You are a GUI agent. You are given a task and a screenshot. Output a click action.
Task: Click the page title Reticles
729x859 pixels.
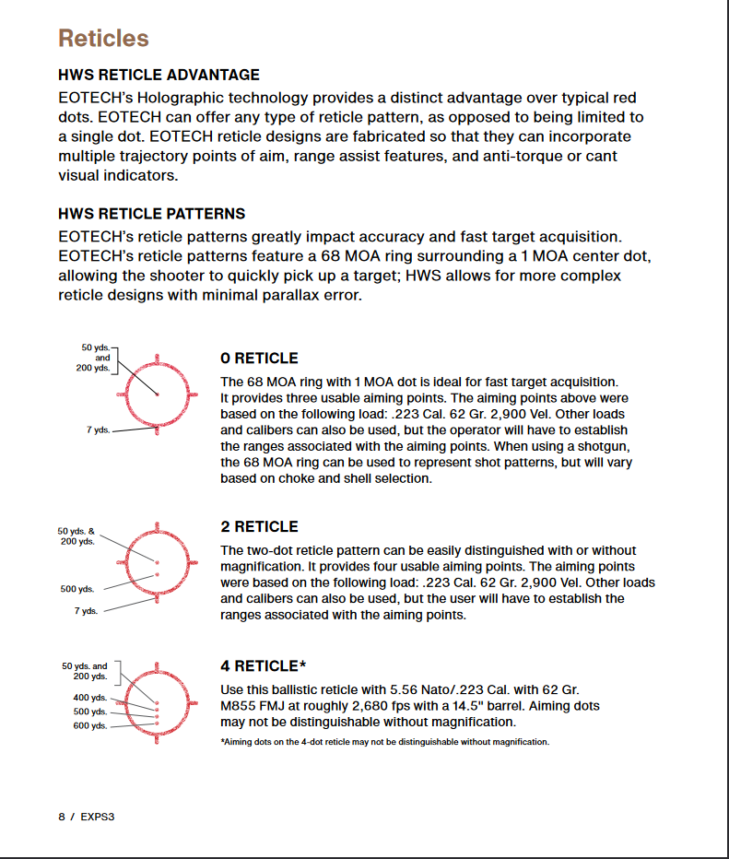[x=103, y=39]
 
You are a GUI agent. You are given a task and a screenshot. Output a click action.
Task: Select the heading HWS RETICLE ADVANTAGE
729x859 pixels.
[x=159, y=75]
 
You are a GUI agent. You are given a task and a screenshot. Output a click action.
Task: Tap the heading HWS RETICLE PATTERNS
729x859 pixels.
[x=151, y=214]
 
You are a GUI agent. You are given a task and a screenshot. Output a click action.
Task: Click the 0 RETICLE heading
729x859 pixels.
[x=259, y=359]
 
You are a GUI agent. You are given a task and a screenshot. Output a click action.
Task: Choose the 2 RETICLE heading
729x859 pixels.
[x=259, y=527]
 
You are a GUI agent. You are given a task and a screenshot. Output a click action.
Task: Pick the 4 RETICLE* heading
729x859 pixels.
[x=264, y=666]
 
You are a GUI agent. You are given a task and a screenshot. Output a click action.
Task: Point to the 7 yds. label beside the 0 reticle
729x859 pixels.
[x=98, y=430]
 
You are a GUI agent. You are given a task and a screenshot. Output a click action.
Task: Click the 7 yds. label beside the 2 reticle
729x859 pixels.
[x=86, y=611]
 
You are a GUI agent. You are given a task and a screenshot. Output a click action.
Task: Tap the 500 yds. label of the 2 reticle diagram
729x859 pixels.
[x=77, y=589]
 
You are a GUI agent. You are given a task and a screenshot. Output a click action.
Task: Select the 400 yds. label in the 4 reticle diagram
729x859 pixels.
[x=90, y=698]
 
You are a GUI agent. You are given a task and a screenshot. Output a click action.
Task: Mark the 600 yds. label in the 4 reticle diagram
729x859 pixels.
[x=90, y=725]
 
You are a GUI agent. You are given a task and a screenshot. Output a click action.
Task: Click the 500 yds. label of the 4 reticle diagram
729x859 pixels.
[x=90, y=712]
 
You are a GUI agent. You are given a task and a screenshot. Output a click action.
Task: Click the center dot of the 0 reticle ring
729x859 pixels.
[x=158, y=394]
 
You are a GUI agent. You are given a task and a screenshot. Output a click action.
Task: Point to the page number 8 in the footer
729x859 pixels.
[x=62, y=817]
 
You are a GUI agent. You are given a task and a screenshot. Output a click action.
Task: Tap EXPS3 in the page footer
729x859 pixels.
[x=97, y=817]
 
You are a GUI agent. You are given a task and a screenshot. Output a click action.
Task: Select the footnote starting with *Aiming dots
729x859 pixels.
[x=384, y=742]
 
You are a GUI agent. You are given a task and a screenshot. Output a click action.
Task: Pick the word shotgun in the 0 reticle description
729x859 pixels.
[x=607, y=446]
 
